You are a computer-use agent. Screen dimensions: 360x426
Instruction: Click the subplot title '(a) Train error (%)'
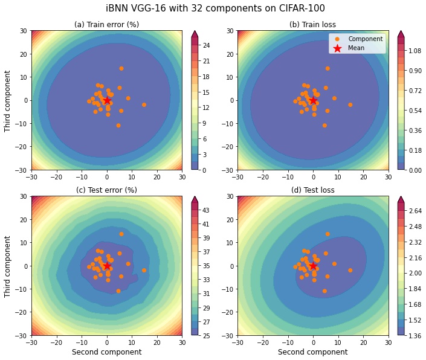click(x=106, y=25)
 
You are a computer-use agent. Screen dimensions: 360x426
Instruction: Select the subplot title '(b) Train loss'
click(x=312, y=25)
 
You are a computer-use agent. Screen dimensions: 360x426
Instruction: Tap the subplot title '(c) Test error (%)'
click(x=106, y=190)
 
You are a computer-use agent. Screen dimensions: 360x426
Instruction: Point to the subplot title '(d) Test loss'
click(x=312, y=190)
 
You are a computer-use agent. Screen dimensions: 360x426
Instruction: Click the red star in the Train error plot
click(x=107, y=100)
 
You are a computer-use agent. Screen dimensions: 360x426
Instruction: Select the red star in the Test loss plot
click(x=313, y=266)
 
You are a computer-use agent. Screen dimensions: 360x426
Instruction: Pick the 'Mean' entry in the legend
click(x=357, y=48)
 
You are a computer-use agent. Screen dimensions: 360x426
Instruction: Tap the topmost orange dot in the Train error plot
click(x=121, y=68)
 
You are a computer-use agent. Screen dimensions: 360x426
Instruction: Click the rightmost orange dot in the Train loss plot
click(x=350, y=104)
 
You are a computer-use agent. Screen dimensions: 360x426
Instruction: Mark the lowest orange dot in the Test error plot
click(x=118, y=291)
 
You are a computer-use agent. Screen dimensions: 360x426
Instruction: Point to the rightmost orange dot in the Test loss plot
click(x=350, y=270)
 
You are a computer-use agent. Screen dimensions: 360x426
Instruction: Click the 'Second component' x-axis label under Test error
click(x=106, y=352)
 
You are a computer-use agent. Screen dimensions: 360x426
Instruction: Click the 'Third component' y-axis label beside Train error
click(x=8, y=100)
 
